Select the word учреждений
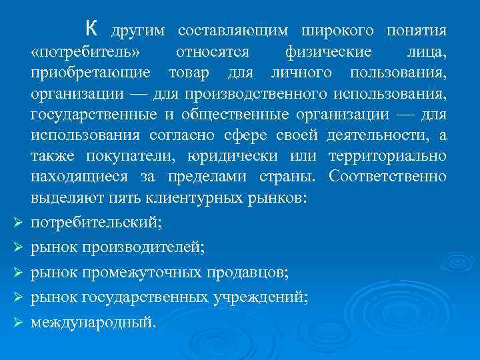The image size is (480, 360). click(267, 297)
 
